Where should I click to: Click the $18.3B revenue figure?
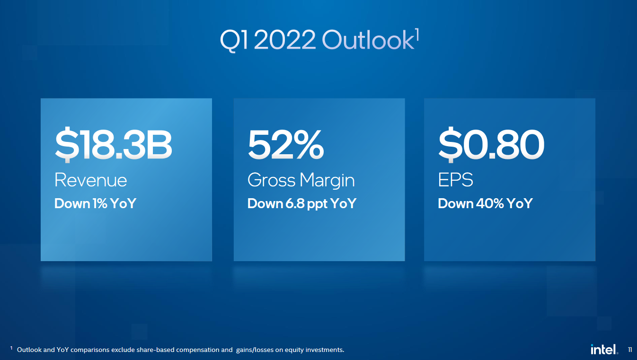114,144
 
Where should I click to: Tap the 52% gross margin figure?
286,144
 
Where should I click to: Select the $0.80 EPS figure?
491,144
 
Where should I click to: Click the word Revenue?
91,180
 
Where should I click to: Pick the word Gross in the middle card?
272,180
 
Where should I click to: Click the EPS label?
456,180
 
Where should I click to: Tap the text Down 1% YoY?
96,203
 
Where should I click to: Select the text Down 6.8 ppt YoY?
302,204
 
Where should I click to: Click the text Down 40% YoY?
486,203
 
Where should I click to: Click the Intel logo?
604,349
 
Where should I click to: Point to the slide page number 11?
630,350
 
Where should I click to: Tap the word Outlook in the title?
368,40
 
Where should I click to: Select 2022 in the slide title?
284,40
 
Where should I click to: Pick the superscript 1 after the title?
417,34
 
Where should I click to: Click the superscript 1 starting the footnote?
11,348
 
